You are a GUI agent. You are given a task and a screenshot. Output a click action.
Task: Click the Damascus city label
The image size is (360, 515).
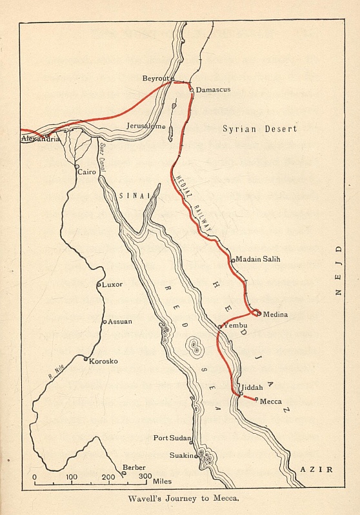click(x=212, y=90)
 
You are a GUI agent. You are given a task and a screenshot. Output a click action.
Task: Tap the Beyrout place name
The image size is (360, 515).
click(x=155, y=78)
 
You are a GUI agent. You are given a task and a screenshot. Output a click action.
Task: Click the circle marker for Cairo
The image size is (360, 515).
click(x=77, y=166)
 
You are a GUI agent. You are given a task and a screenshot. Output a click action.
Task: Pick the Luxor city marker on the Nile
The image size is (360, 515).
click(x=98, y=284)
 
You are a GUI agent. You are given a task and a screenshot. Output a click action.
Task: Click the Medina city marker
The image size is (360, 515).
click(x=259, y=314)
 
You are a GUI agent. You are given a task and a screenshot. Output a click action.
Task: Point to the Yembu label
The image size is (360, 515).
click(x=235, y=326)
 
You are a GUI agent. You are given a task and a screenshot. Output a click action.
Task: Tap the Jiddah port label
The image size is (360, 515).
click(x=252, y=389)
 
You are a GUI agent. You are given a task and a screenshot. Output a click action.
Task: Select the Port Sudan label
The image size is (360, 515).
click(x=171, y=438)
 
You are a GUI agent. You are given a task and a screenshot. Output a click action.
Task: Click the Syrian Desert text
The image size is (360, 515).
click(x=259, y=129)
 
